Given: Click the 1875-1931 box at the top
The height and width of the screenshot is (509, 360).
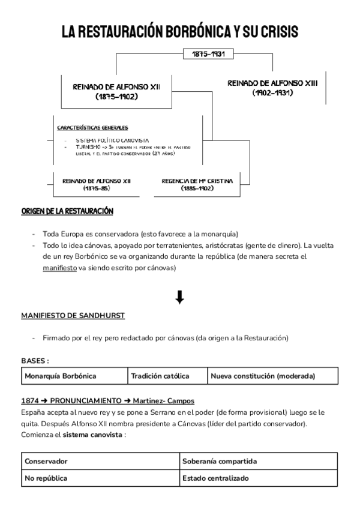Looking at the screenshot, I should coord(209,54).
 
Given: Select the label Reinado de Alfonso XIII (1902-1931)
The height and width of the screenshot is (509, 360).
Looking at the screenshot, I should coord(272,88).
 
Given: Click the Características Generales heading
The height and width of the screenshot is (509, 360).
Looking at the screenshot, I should coord(92,128).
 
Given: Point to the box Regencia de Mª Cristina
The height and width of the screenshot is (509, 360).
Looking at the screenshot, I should coord(197,184).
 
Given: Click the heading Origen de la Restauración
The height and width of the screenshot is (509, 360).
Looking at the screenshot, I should coord(67,212).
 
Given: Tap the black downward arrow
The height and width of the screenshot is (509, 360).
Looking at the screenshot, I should coord(179,297).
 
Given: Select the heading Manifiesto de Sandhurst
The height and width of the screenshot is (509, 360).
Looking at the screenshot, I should coord(73,315).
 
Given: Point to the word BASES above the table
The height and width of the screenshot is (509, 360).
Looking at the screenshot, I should coord(33,361).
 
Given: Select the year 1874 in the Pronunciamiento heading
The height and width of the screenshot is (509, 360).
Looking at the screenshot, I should coord(30,400).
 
